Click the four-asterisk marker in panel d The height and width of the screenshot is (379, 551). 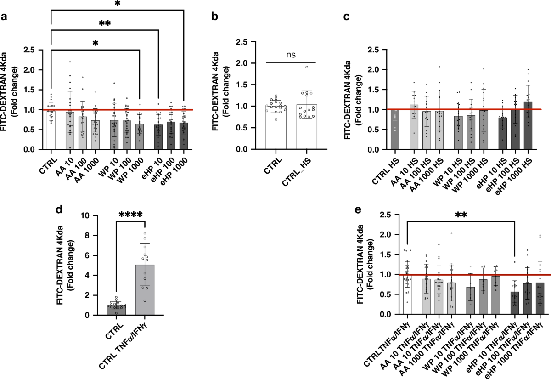click(130, 215)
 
